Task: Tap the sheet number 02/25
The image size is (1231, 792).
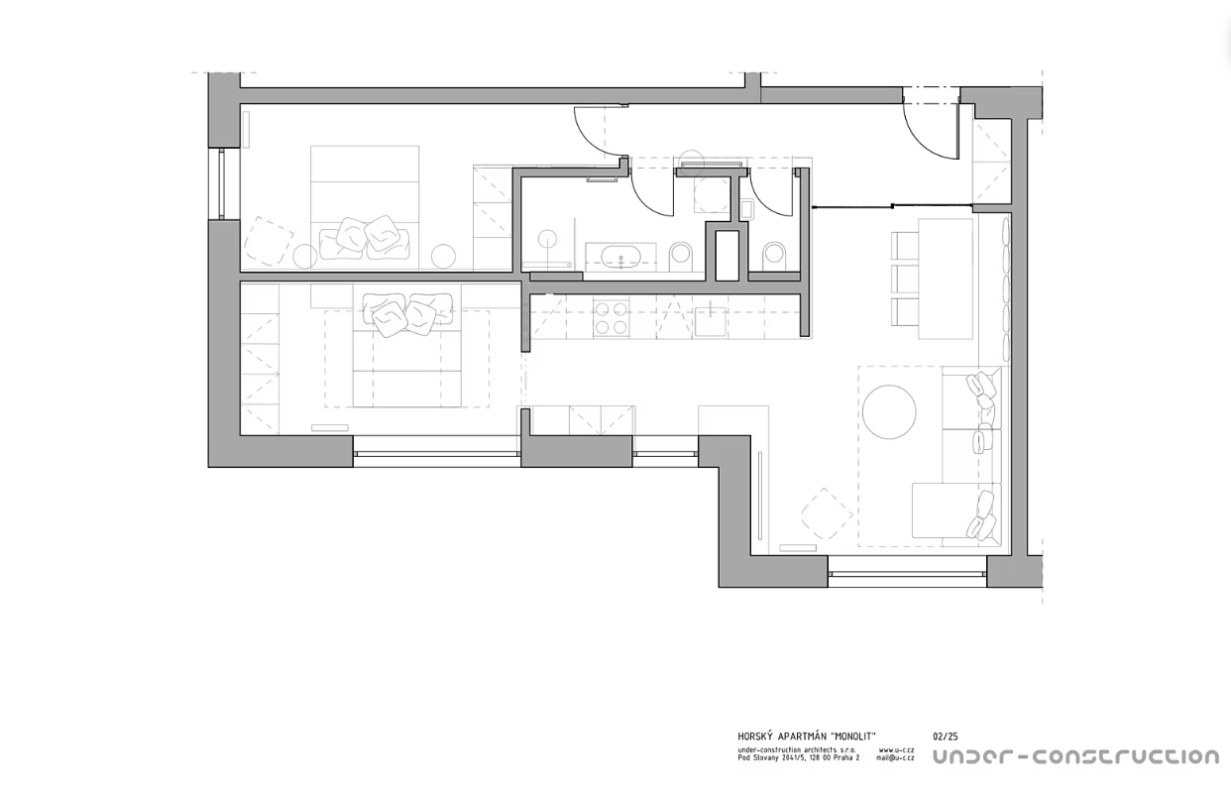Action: click(x=946, y=736)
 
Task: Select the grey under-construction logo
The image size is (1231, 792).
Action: click(x=1076, y=757)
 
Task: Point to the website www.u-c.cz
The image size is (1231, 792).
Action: click(x=897, y=749)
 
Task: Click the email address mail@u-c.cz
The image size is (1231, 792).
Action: click(x=896, y=757)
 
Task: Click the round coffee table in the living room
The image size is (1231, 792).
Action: click(x=889, y=411)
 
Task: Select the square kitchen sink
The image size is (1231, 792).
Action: click(x=711, y=321)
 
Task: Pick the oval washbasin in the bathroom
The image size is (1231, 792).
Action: click(x=620, y=257)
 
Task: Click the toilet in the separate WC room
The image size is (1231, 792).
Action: click(x=775, y=256)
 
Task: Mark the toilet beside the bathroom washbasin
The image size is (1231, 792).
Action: click(x=682, y=256)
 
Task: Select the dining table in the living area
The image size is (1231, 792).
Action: click(x=946, y=279)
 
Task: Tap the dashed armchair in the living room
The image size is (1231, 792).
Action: click(x=827, y=513)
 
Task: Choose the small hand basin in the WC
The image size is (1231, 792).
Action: click(x=746, y=210)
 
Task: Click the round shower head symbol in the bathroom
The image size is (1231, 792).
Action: click(x=547, y=240)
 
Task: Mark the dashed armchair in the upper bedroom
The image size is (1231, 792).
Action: click(x=269, y=241)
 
